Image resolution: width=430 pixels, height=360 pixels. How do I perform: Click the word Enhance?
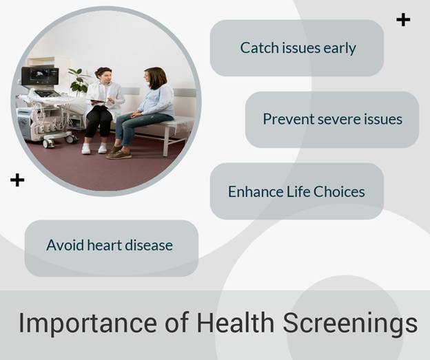pos(256,191)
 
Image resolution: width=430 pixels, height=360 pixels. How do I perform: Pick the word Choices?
pos(339,191)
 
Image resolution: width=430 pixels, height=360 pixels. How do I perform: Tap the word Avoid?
pos(65,245)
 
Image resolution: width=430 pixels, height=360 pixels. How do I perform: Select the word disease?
pos(149,245)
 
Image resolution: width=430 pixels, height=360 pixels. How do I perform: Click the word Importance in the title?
pos(88,324)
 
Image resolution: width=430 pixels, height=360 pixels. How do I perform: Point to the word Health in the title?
pos(235,322)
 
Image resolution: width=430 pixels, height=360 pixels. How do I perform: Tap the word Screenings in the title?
pos(350,324)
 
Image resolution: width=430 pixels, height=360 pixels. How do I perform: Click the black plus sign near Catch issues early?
pos(403,20)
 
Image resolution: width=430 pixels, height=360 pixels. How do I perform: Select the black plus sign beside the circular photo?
pos(17,180)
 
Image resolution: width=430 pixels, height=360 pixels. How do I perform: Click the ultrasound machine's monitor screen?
pos(40,76)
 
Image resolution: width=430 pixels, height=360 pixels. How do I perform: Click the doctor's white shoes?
pos(94,149)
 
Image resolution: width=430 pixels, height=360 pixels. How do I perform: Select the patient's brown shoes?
pos(119,153)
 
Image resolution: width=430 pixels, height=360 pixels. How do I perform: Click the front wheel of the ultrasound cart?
pos(48,144)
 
